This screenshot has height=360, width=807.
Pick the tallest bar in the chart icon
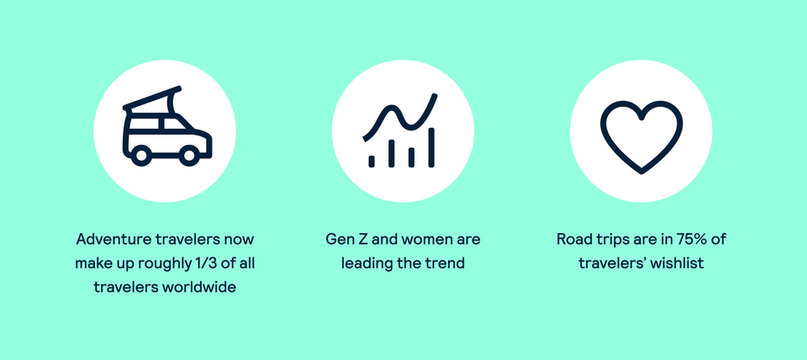click(431, 146)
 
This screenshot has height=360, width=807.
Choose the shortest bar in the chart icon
click(372, 159)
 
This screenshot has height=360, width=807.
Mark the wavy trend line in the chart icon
click(400, 118)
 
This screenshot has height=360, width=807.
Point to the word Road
click(573, 240)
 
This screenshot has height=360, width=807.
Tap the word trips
click(611, 240)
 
